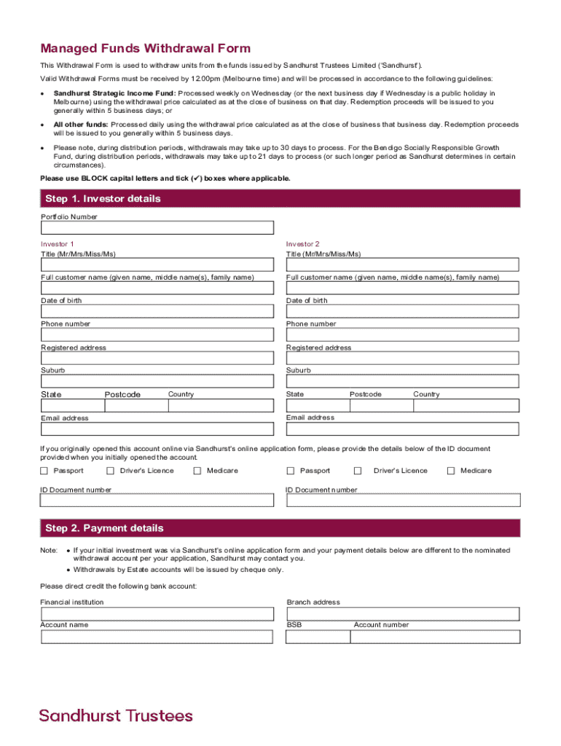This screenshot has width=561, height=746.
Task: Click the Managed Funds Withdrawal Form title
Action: click(x=145, y=49)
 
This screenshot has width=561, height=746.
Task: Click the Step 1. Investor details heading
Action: click(x=103, y=199)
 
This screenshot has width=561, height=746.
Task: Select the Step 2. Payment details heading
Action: click(x=104, y=528)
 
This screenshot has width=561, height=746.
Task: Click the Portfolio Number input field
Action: click(x=157, y=228)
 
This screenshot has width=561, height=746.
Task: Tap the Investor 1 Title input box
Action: click(x=157, y=264)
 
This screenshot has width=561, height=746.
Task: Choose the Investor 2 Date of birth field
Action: click(x=402, y=311)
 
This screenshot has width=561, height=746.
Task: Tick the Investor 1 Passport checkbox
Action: click(x=44, y=471)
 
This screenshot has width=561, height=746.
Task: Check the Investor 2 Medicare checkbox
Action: click(x=451, y=471)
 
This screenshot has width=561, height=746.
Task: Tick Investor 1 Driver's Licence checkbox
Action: click(x=110, y=471)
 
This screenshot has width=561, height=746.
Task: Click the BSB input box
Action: click(x=317, y=637)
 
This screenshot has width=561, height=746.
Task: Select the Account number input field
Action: click(x=435, y=637)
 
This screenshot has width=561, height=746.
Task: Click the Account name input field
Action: click(x=157, y=637)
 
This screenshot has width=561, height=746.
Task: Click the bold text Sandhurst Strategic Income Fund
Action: click(x=114, y=93)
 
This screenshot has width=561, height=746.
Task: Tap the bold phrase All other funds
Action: click(x=81, y=125)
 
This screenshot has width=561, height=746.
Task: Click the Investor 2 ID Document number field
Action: click(x=402, y=500)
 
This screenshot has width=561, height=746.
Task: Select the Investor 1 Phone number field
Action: click(x=157, y=334)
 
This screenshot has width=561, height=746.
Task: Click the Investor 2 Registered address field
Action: click(x=402, y=358)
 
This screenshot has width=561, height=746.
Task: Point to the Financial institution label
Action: click(x=72, y=602)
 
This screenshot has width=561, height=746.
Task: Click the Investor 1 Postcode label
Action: click(x=122, y=394)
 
